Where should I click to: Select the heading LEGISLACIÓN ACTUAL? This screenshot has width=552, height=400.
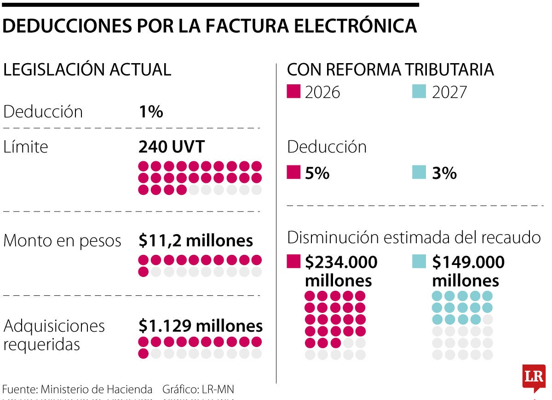click(87, 70)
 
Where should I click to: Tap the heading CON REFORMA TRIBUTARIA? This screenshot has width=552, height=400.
click(390, 70)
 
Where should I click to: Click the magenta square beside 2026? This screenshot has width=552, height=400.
click(293, 91)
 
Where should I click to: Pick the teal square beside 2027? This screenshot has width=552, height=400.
click(419, 91)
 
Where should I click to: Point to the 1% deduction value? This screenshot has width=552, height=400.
click(151, 112)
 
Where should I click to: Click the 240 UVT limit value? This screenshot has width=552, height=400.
click(172, 147)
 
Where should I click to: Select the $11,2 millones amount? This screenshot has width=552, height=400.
click(195, 241)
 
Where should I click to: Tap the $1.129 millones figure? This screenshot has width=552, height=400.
click(201, 326)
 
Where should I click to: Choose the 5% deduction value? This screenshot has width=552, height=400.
click(317, 173)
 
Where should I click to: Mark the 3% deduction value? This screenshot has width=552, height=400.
click(444, 173)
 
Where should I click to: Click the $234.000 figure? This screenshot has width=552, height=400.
click(341, 262)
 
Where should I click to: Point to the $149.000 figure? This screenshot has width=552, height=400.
click(468, 262)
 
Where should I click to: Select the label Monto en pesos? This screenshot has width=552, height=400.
click(63, 241)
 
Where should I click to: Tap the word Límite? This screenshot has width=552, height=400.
click(26, 147)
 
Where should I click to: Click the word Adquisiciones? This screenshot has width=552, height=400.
click(54, 326)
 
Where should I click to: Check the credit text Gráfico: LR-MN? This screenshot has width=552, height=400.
click(198, 389)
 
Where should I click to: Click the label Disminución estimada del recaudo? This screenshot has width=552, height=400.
click(414, 237)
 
